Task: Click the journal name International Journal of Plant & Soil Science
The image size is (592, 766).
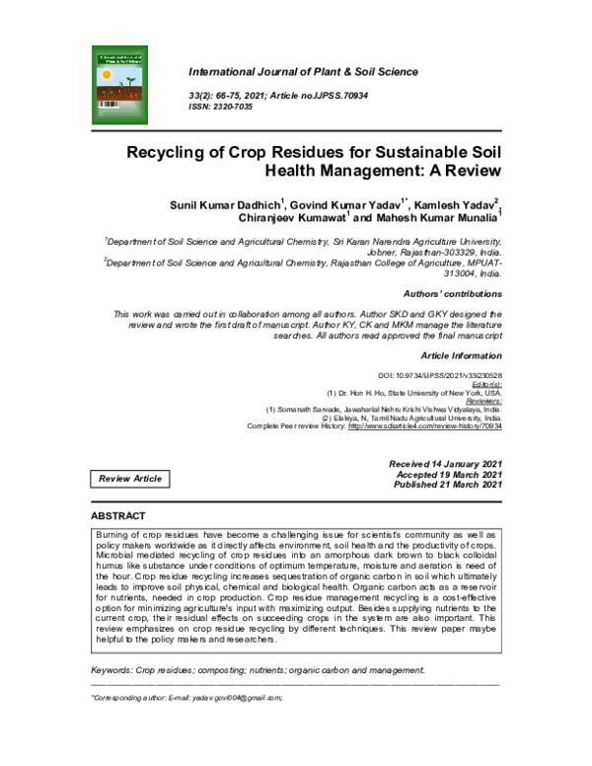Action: pos(302,72)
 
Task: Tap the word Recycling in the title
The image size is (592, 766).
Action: pos(172,153)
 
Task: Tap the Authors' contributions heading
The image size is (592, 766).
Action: pos(453,294)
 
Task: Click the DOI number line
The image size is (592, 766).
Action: pos(440,376)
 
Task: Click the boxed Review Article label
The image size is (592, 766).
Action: pos(130,479)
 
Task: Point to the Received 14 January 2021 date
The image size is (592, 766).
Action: pos(433,463)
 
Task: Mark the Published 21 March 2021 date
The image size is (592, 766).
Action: pos(434,485)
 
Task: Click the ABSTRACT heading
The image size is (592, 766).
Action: pos(118,516)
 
